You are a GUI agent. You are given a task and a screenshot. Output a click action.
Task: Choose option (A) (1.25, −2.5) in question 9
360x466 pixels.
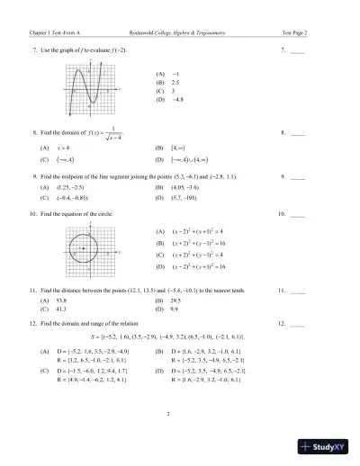tap(68, 187)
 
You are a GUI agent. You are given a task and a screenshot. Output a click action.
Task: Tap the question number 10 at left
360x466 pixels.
tap(33, 215)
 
